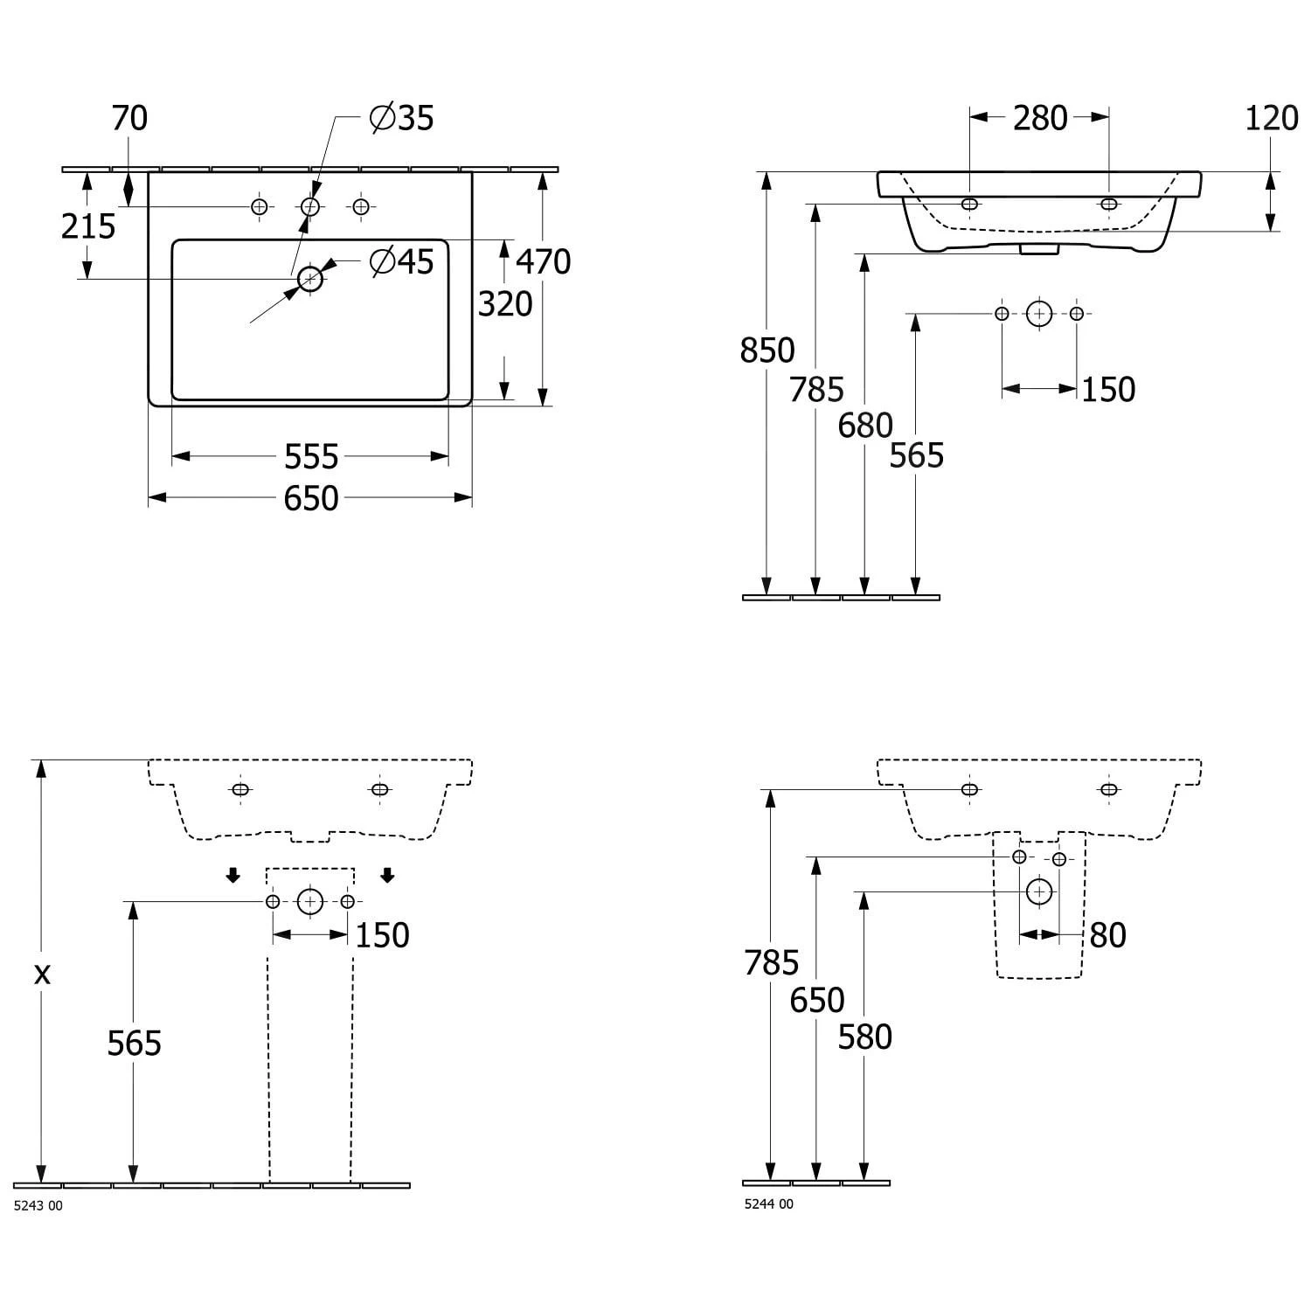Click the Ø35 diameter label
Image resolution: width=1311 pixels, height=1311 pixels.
[401, 118]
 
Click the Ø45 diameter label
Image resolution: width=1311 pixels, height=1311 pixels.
[401, 261]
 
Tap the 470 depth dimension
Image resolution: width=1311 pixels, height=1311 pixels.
[543, 261]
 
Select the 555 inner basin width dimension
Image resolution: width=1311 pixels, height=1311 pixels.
[311, 456]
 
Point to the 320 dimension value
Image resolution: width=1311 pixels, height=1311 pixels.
[505, 304]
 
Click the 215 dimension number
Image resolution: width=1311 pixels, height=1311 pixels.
[88, 226]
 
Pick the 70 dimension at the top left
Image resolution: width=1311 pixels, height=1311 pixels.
[129, 118]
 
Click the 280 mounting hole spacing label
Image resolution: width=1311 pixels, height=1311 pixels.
[1040, 118]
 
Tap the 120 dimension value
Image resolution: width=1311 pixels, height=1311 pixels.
[1272, 118]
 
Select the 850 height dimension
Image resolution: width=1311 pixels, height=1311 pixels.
[767, 350]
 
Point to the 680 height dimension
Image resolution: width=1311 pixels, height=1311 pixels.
[865, 426]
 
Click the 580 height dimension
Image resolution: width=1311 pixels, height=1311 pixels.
[865, 1037]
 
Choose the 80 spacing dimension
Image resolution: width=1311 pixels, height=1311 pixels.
[1107, 935]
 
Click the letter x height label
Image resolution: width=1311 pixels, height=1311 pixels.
[41, 974]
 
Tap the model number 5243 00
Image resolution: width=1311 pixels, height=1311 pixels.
[38, 1206]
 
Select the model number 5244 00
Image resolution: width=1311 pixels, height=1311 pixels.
[769, 1204]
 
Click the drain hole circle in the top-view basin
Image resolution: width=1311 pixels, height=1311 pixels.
[310, 279]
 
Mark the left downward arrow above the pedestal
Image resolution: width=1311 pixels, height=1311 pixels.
[232, 876]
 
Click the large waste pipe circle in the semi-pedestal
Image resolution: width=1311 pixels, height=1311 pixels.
[1039, 891]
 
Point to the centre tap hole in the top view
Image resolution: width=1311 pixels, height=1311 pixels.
[310, 206]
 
